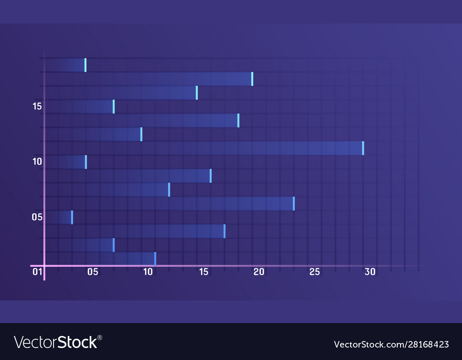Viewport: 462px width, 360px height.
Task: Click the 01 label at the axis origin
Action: (37, 272)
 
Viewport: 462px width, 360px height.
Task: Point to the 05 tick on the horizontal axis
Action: (93, 272)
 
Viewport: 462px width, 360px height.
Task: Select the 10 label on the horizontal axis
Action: (148, 272)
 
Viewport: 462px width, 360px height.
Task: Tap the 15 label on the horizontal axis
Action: (204, 272)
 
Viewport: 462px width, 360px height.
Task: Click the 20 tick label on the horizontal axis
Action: (259, 272)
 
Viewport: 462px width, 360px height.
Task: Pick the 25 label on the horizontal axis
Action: (315, 272)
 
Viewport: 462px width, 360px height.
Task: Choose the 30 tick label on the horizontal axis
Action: (370, 272)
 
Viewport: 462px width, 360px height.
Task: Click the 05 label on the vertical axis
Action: (37, 217)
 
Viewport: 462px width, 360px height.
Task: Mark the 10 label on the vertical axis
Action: (37, 162)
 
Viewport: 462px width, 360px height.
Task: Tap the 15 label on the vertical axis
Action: (37, 106)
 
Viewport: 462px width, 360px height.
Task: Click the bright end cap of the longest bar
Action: (363, 148)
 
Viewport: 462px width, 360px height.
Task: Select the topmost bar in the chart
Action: (67, 65)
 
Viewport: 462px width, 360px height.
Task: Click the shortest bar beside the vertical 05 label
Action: (60, 217)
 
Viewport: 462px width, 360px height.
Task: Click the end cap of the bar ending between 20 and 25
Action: (294, 204)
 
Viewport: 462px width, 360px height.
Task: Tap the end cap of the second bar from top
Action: (252, 79)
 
